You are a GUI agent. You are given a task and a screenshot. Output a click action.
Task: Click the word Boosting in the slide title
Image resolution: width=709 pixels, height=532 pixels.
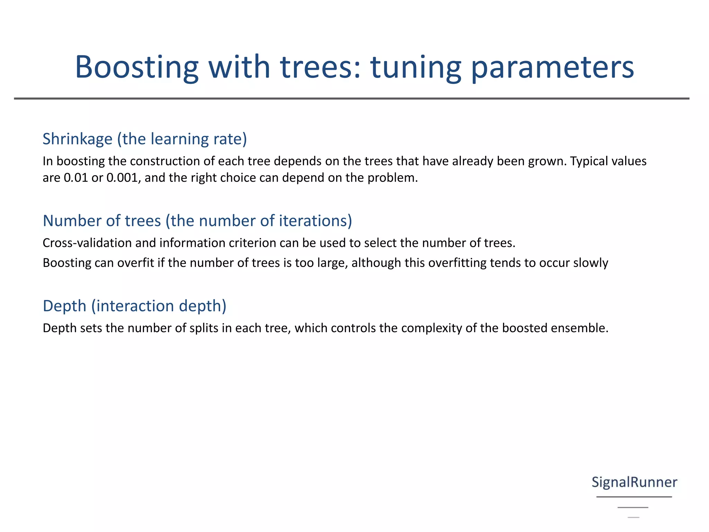pyautogui.click(x=137, y=68)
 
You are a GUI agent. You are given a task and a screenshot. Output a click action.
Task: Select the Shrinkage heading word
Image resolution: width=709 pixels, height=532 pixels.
pyautogui.click(x=78, y=139)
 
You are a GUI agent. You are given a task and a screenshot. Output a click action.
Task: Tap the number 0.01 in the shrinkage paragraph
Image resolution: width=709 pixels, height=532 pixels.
pyautogui.click(x=76, y=178)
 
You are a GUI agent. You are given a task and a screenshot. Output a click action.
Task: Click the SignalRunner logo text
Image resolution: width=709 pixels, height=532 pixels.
pyautogui.click(x=634, y=482)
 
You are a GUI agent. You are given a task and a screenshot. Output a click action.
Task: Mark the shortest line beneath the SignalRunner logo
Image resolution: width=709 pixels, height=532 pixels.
pyautogui.click(x=634, y=517)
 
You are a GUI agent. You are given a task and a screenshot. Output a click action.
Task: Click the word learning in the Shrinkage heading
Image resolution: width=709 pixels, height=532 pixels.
pyautogui.click(x=180, y=139)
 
